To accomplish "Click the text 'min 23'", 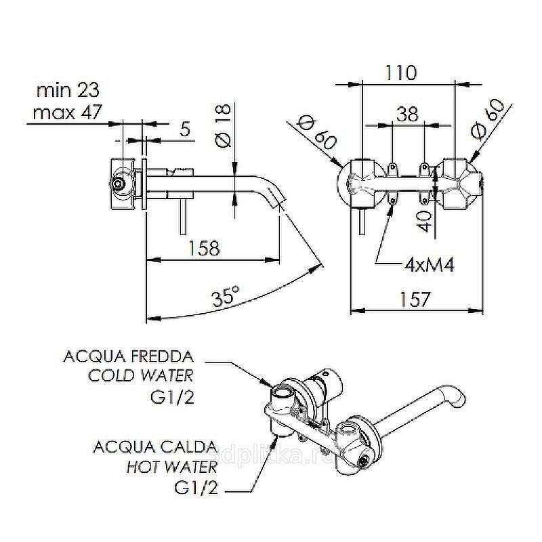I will [68, 90].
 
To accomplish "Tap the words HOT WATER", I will [172, 467].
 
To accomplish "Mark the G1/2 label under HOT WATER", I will [196, 487].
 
